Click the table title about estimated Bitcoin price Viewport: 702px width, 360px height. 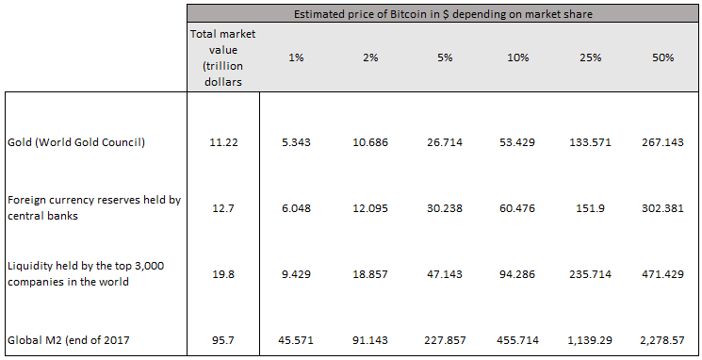point(442,13)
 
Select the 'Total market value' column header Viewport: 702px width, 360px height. point(222,57)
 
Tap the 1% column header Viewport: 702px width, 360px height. point(296,57)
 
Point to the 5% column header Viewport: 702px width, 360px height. point(444,57)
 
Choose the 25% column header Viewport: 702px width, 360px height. point(590,57)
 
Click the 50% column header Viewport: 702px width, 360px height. point(663,57)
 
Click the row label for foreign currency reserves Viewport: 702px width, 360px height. point(92,208)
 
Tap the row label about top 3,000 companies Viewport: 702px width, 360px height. point(86,274)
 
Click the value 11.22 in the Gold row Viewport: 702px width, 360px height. point(222,142)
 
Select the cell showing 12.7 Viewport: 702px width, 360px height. point(222,208)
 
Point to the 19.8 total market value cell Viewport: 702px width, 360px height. point(222,274)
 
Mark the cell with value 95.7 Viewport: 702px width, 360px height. point(222,339)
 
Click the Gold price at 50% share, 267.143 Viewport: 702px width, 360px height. point(663,142)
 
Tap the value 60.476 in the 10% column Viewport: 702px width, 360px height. point(516,208)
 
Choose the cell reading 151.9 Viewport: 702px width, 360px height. point(590,208)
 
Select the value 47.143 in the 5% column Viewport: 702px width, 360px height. point(444,274)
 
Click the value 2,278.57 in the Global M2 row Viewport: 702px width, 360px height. point(663,339)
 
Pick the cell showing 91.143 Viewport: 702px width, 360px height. point(369,339)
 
